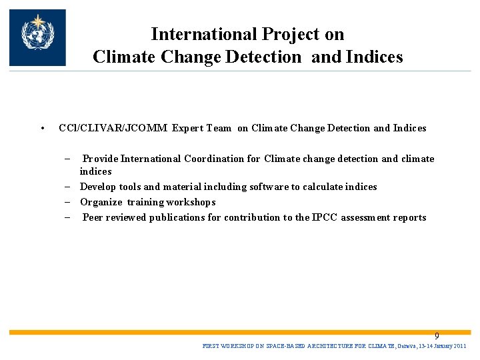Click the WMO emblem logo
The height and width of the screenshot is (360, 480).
click(37, 37)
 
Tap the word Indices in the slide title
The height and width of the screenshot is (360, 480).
click(375, 57)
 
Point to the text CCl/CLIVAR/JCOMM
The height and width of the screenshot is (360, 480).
click(113, 128)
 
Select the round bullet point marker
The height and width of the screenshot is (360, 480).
click(41, 129)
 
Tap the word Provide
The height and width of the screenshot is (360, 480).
click(100, 159)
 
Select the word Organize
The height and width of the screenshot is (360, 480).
click(101, 202)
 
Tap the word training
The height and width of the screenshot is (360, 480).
click(145, 202)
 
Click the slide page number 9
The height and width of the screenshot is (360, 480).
click(437, 336)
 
